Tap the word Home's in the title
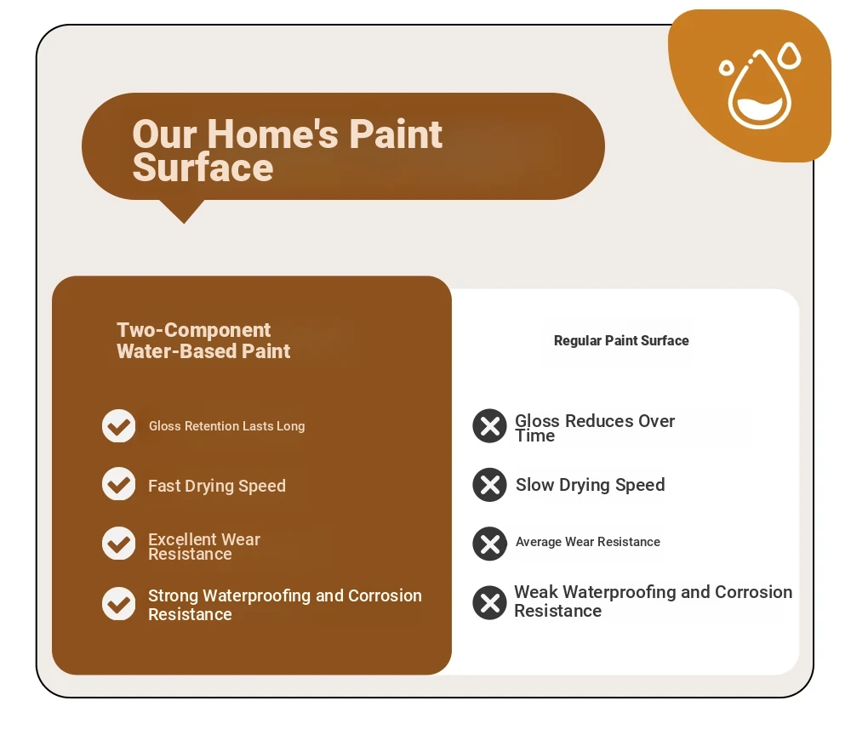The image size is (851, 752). tap(272, 134)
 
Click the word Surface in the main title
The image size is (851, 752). tap(203, 168)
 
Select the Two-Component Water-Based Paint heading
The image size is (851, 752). tap(203, 340)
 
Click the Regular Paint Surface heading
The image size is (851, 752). tap(621, 341)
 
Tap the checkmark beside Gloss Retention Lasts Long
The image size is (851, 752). tap(118, 426)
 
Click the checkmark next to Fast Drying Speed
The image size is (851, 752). tap(118, 483)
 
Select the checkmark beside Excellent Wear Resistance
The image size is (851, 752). tap(118, 543)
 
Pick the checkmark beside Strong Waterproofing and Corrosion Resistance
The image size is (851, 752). tap(118, 603)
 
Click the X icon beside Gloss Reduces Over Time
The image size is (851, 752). tap(489, 426)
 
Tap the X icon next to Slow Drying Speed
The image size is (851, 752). tap(489, 485)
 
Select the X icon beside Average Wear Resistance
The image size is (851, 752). tap(489, 544)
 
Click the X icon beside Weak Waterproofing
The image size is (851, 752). tap(489, 603)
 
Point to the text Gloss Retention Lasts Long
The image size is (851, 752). tap(227, 426)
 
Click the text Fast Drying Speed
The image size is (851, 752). tap(217, 486)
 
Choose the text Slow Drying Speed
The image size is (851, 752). tap(590, 485)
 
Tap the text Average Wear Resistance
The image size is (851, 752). tap(588, 542)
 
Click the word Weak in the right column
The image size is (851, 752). tap(536, 591)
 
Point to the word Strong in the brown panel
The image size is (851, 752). tap(173, 595)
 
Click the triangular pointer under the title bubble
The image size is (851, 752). tap(183, 210)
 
